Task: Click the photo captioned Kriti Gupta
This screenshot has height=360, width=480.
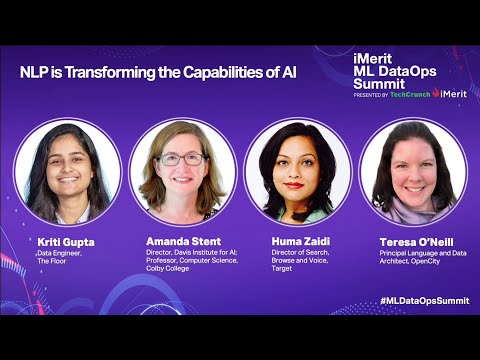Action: [x=68, y=170]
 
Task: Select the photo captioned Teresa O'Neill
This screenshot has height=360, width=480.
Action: [x=413, y=170]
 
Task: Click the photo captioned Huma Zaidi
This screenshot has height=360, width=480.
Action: [x=298, y=170]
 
